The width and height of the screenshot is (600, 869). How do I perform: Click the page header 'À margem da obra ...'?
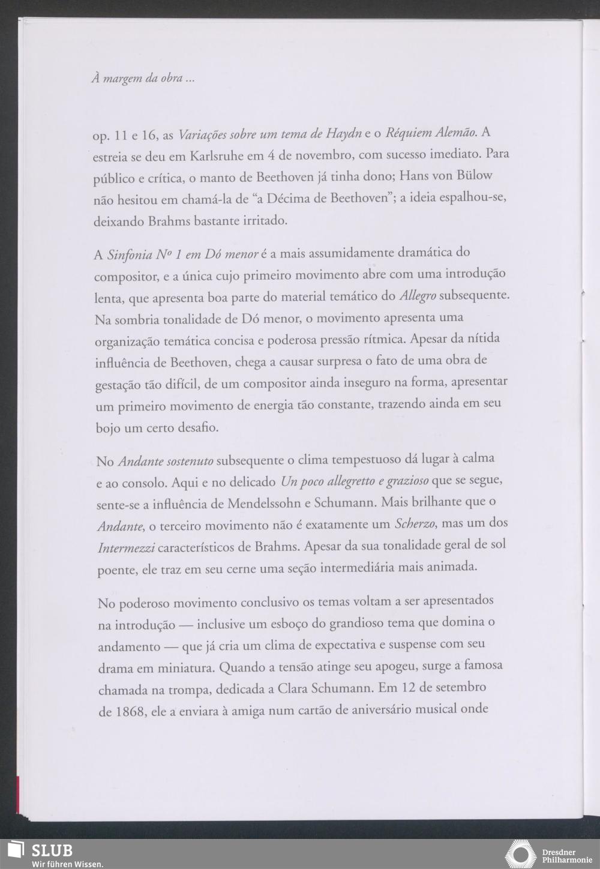(142, 79)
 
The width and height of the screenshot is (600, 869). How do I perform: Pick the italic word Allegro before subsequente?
(417, 296)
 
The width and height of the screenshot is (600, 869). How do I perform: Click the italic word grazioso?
(407, 481)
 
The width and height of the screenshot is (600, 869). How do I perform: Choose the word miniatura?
(187, 668)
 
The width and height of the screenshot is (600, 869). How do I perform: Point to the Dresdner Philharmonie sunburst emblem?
(520, 855)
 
